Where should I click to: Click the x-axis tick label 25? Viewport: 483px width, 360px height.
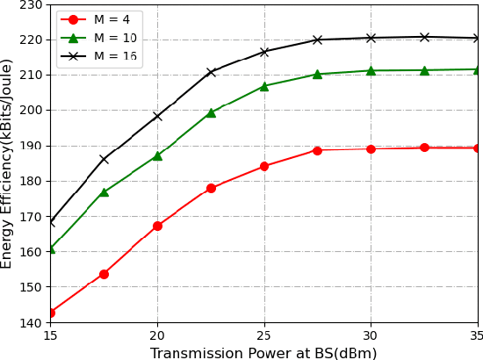(263, 336)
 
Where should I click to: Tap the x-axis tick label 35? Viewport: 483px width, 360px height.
(477, 336)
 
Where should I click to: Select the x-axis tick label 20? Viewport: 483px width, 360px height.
(157, 336)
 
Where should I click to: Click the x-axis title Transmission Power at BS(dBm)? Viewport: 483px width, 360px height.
(263, 353)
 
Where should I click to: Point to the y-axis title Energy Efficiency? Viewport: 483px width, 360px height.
(8, 163)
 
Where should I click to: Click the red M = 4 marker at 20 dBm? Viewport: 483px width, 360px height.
(157, 226)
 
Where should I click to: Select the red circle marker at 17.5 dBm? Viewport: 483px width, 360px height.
(104, 274)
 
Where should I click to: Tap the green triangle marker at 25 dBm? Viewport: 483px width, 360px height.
(263, 86)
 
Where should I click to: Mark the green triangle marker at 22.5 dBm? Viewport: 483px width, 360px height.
(211, 112)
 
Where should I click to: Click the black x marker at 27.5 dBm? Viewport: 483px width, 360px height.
(317, 40)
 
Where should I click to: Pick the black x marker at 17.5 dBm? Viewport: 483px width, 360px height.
(104, 159)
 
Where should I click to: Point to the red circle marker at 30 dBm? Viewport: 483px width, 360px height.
(371, 148)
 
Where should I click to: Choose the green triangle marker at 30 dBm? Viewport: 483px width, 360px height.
(371, 70)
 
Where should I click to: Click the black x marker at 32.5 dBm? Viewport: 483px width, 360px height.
(424, 37)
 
